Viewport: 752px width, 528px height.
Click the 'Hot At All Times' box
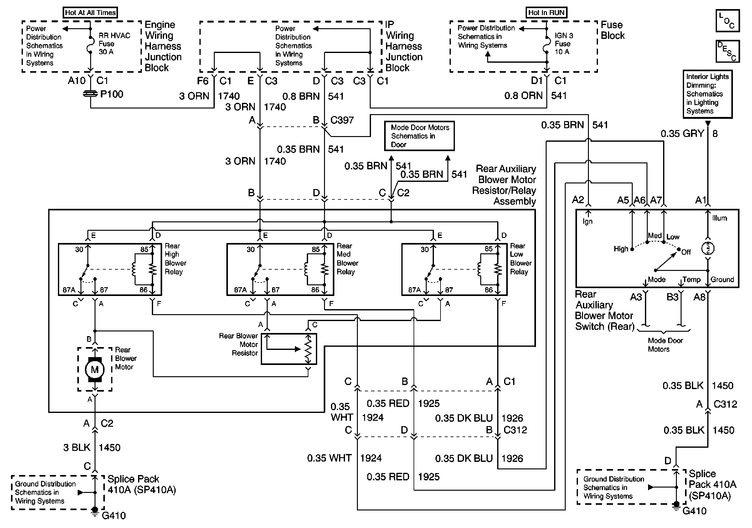point(90,13)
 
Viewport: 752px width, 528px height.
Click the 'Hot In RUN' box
point(546,13)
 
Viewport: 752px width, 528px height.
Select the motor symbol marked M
point(95,370)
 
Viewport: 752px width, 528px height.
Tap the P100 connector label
point(111,94)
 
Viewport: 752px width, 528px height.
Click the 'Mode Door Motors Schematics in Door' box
point(420,136)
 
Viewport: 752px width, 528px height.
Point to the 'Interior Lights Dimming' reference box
point(708,94)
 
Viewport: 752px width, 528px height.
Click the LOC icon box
point(728,21)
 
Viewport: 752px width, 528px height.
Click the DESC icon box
point(728,51)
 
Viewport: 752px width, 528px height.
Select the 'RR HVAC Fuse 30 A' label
point(114,44)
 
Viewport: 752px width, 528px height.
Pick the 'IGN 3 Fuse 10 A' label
point(564,44)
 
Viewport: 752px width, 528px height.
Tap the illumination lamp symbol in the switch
point(708,248)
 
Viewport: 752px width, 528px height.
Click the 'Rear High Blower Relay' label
point(175,259)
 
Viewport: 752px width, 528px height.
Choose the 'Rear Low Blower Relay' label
point(520,259)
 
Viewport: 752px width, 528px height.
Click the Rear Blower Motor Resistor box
point(289,349)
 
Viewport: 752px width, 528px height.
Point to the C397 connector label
point(342,120)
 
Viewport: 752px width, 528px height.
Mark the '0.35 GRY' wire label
point(682,134)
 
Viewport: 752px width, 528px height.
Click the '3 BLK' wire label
point(77,448)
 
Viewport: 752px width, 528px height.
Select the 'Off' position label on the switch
point(686,252)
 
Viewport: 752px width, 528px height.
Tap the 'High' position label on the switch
point(621,249)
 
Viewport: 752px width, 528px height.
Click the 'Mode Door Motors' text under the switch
point(665,345)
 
